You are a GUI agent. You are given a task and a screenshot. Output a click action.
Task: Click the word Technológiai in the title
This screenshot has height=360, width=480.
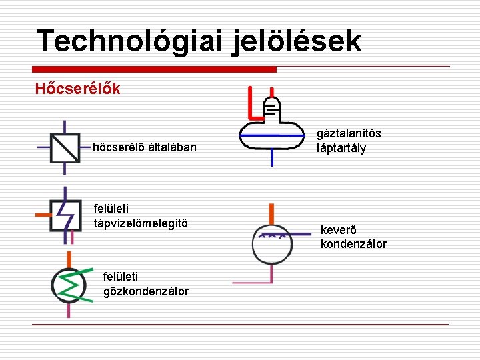(x=130, y=41)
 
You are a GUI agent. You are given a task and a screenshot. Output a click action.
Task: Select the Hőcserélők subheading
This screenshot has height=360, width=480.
(x=77, y=89)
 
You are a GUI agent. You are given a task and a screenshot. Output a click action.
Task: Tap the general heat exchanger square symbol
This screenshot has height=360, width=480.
(x=65, y=147)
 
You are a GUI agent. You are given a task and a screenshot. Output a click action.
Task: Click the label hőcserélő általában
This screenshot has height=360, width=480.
(x=145, y=147)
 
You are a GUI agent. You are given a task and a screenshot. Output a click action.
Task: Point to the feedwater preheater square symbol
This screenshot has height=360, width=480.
(x=65, y=215)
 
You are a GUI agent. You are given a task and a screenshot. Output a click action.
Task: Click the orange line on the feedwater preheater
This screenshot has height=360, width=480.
(x=43, y=215)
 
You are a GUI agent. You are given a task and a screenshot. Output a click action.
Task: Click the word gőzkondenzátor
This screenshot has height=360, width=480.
(x=146, y=291)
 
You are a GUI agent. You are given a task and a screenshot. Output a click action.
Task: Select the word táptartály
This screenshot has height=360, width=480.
(x=341, y=148)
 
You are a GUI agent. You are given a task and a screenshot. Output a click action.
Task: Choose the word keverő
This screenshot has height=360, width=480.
(x=338, y=230)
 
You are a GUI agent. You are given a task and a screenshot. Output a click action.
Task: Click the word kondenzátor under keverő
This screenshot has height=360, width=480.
(x=353, y=244)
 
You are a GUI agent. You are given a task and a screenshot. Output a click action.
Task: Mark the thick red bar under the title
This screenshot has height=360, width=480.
(x=155, y=69)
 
